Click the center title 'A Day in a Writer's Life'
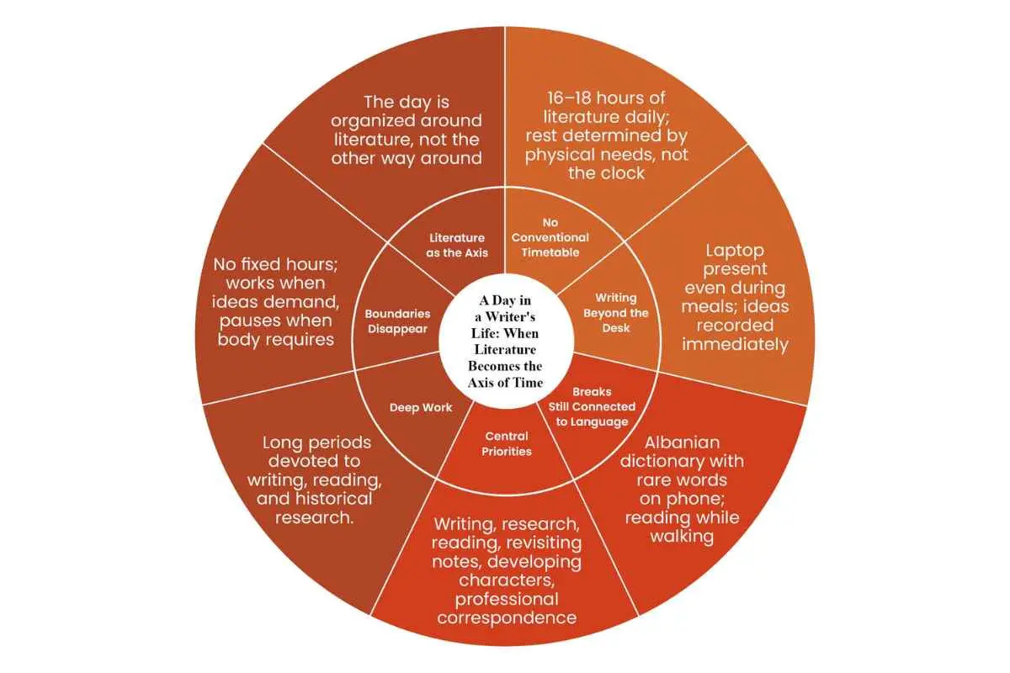pos(505,342)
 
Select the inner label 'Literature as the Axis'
pos(457,245)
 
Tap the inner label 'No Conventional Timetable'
pos(550,237)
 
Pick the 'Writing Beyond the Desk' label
pos(616,313)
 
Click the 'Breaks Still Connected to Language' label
pos(592,406)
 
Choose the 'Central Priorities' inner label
pos(507,443)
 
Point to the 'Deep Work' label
pos(421,407)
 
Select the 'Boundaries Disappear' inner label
pos(397,321)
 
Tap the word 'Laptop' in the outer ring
pos(735,251)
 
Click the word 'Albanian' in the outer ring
pos(683,442)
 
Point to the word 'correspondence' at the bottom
pos(507,618)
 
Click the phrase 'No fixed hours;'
pos(275,264)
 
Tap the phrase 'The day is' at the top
pos(407,103)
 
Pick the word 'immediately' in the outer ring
pos(735,345)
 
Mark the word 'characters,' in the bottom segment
pos(507,580)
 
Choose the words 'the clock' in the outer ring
pos(607,173)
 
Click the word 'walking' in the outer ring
pos(683,537)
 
